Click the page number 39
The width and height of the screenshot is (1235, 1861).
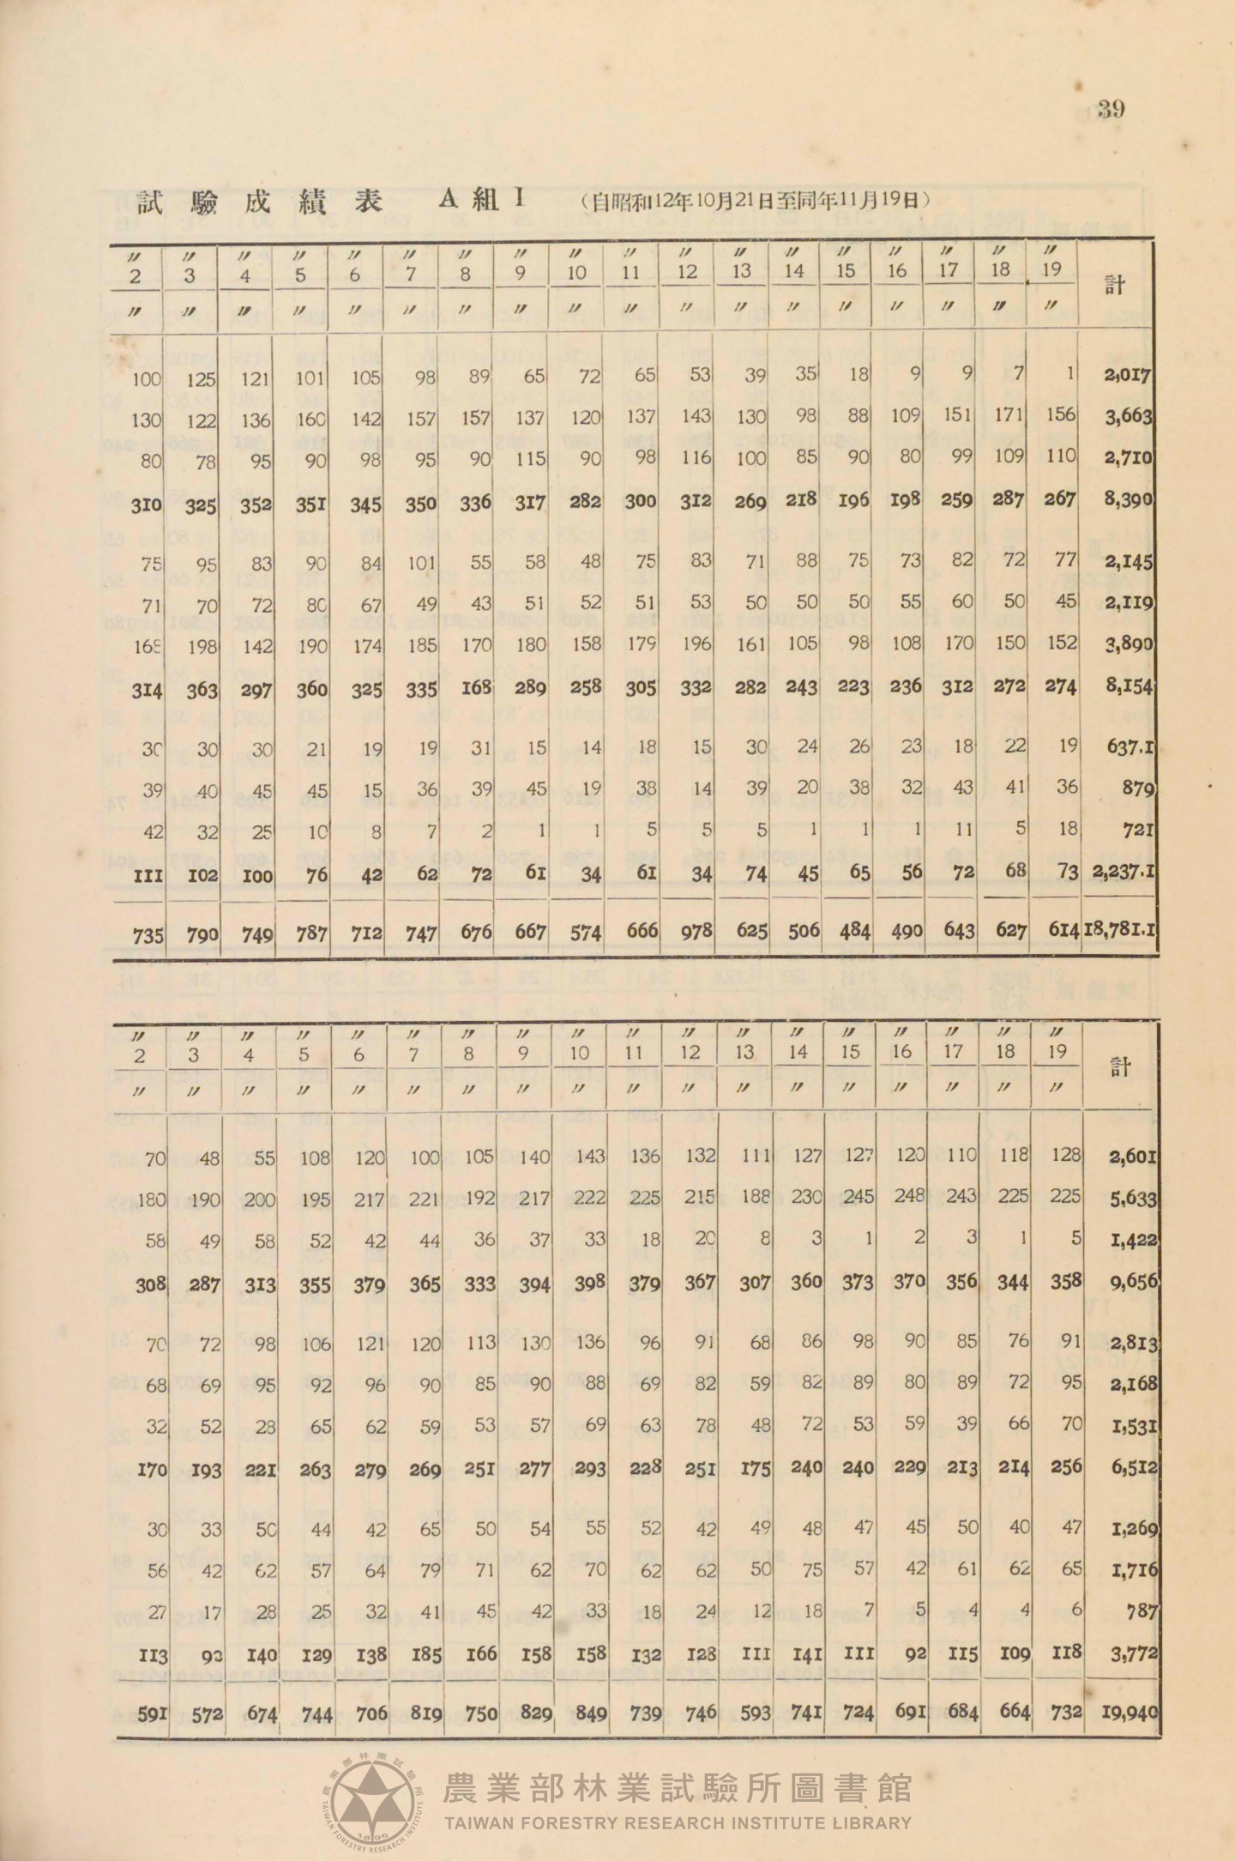pyautogui.click(x=1111, y=109)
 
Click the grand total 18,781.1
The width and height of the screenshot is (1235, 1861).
pyautogui.click(x=1121, y=930)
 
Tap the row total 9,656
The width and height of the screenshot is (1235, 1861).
pyautogui.click(x=1134, y=1284)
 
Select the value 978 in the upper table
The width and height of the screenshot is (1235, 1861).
pyautogui.click(x=696, y=930)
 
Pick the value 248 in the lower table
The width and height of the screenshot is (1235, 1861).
pyautogui.click(x=909, y=1196)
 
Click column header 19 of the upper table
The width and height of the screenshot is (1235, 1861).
pyautogui.click(x=1051, y=269)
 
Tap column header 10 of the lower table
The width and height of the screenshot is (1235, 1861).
pyautogui.click(x=579, y=1053)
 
